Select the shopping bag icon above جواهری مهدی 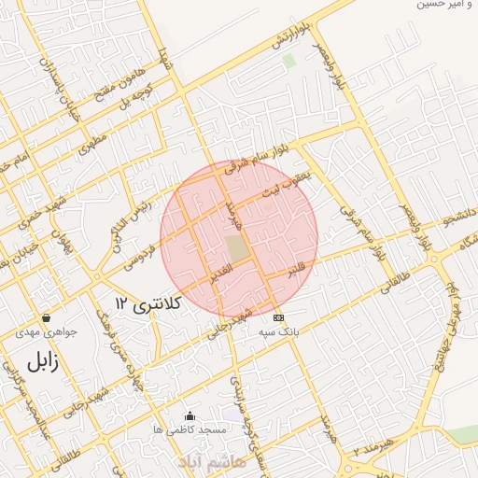pos(46,317)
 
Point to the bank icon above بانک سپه pos(277,317)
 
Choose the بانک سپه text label pos(277,331)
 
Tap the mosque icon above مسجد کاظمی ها pos(190,415)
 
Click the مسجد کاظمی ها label pos(190,429)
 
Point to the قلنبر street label pos(297,270)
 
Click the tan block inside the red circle pos(237,248)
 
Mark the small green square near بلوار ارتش pos(289,61)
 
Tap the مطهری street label pos(94,142)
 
